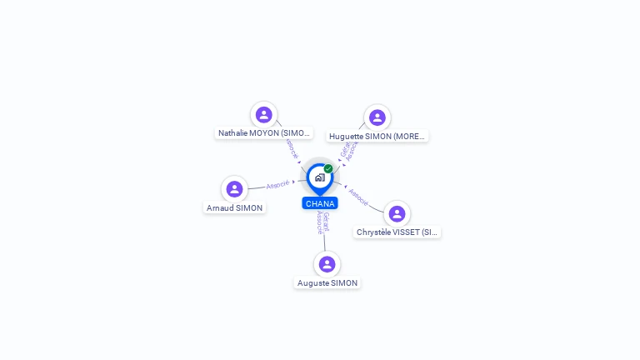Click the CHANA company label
click(320, 203)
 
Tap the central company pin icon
click(319, 177)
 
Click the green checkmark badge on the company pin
click(328, 169)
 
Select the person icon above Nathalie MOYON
click(264, 115)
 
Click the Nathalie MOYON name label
click(264, 133)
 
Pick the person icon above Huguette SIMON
click(377, 117)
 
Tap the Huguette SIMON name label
click(377, 136)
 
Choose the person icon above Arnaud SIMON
click(234, 189)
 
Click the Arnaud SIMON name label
click(235, 208)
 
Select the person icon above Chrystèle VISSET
click(397, 213)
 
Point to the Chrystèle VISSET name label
click(397, 232)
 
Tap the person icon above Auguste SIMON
click(327, 264)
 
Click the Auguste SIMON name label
click(327, 283)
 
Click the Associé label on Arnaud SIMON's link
click(277, 184)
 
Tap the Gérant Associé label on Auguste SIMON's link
click(323, 223)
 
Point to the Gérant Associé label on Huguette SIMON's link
click(349, 150)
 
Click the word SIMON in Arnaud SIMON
click(249, 208)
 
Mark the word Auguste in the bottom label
click(313, 283)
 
